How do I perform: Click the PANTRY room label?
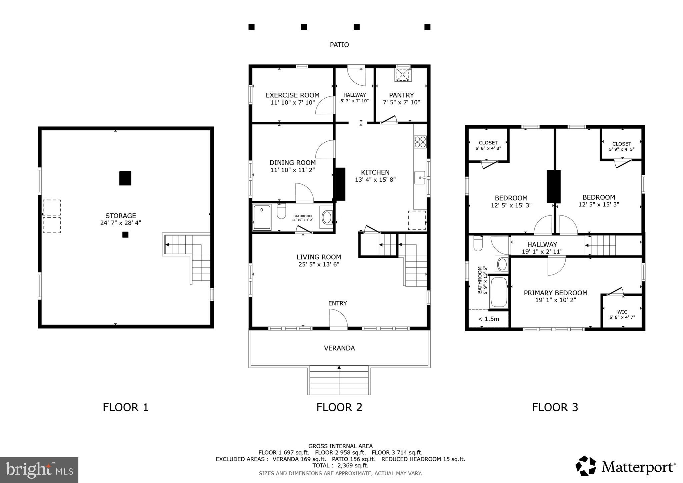tap(401, 95)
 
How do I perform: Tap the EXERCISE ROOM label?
tap(292, 95)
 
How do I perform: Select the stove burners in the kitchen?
tap(420, 142)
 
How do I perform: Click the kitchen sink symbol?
tap(420, 178)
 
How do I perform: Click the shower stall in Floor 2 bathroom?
tap(262, 217)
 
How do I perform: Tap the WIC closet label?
tap(622, 312)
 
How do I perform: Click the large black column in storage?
tap(125, 178)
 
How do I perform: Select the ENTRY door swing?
tap(338, 318)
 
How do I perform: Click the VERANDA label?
tap(339, 348)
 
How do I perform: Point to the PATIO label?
tap(339, 45)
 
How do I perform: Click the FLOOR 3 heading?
tap(555, 407)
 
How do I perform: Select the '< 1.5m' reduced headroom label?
tap(489, 319)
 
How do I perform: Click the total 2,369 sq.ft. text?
tap(340, 465)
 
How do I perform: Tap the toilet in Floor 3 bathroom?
tap(478, 244)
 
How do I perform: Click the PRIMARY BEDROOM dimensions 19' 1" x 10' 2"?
tap(555, 300)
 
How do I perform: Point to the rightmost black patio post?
tap(427, 27)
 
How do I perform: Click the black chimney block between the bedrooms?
tap(554, 186)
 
